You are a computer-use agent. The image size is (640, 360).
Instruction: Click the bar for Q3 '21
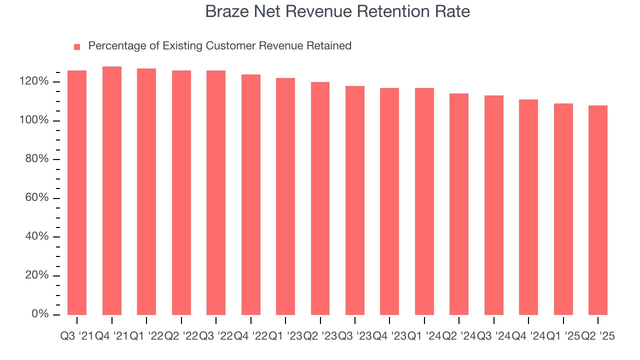tap(77, 192)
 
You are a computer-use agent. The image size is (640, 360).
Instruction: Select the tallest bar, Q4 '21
tap(112, 190)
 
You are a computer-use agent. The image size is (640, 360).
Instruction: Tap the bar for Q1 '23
tap(285, 196)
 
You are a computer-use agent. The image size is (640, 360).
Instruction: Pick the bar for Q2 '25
tap(598, 210)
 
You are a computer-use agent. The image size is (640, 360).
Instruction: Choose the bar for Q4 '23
tap(389, 201)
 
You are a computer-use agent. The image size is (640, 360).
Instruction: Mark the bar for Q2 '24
tap(459, 204)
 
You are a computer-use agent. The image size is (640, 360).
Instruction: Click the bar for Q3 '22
tap(216, 192)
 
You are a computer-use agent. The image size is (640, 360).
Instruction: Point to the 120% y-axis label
tap(34, 81)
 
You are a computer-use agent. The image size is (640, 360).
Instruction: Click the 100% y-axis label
tap(34, 120)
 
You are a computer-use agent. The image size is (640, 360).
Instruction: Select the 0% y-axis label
tap(39, 314)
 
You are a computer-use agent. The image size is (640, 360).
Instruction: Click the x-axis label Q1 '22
tap(146, 336)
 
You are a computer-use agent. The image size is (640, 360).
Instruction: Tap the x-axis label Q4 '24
tap(528, 336)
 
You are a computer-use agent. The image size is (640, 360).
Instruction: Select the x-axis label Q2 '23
tap(320, 336)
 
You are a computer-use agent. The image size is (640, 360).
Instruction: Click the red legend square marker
tap(77, 47)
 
